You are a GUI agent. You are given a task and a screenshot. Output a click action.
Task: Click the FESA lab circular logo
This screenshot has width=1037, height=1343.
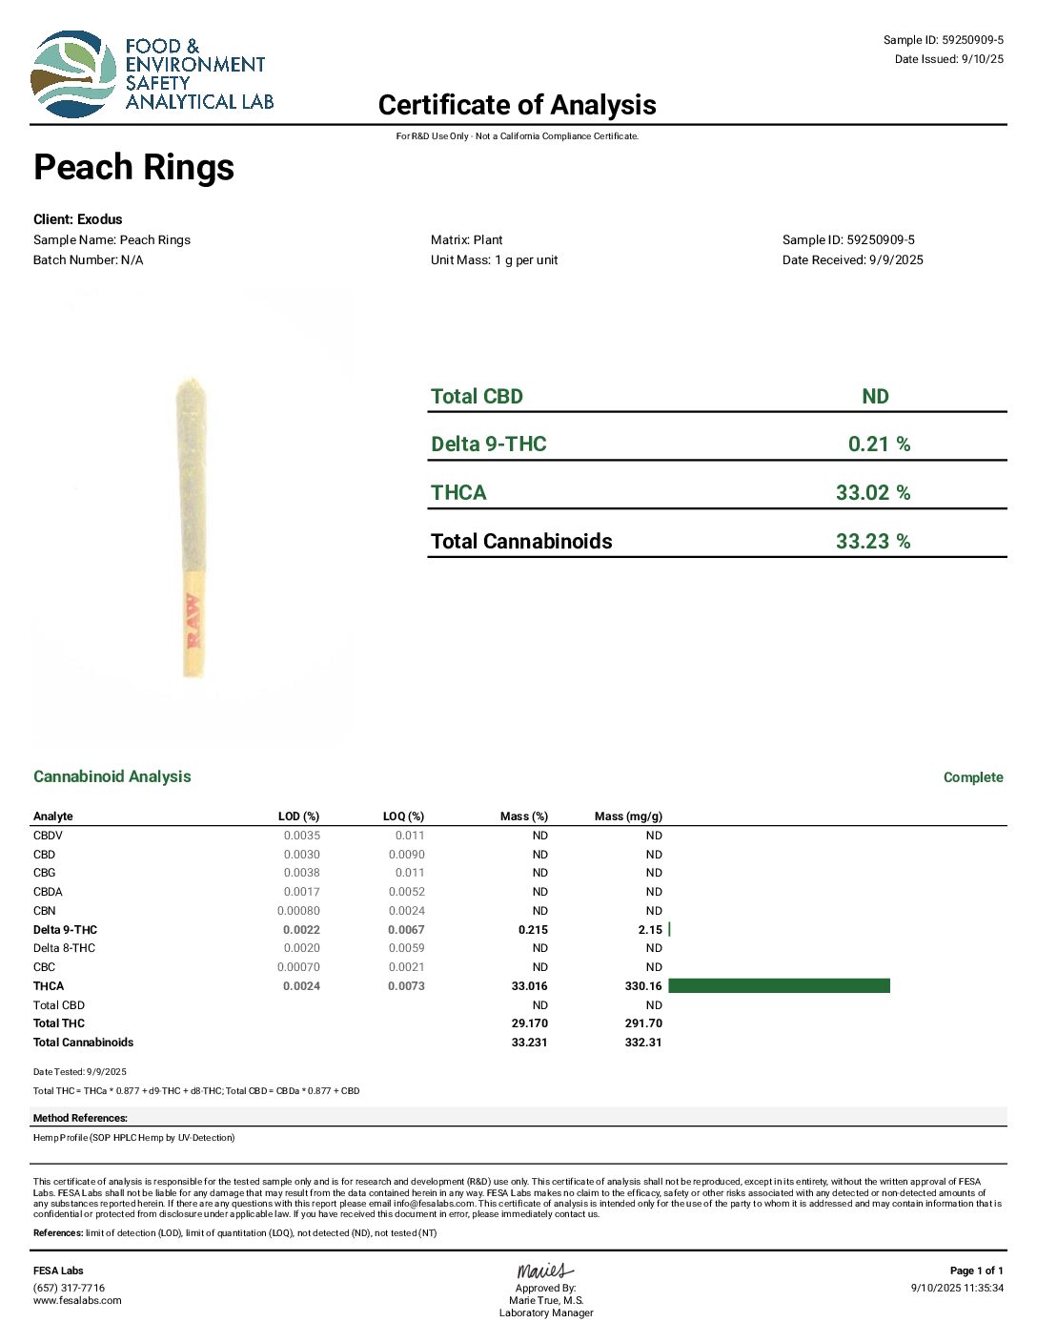point(74,74)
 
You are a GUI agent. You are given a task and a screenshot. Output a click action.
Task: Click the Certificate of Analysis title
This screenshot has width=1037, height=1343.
point(517,105)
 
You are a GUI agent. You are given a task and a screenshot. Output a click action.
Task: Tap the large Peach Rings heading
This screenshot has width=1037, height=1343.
point(134,168)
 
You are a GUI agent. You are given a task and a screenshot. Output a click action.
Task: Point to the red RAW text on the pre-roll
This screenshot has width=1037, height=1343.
point(193,620)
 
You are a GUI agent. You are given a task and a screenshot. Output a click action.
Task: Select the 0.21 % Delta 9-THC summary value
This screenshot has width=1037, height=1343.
point(879,444)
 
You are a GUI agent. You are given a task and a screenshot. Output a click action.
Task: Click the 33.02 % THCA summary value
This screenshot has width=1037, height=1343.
point(872,493)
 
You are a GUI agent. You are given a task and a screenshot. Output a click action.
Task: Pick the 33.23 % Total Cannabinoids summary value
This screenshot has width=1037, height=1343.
point(872,542)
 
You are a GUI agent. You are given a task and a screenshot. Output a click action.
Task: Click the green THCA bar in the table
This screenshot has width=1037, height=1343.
point(779,986)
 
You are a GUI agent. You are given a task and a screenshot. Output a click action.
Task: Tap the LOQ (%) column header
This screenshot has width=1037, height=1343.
point(403,816)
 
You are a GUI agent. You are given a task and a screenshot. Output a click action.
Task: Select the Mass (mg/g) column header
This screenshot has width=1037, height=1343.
point(628,816)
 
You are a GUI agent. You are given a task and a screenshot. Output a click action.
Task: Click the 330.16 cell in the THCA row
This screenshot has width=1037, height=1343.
point(643,986)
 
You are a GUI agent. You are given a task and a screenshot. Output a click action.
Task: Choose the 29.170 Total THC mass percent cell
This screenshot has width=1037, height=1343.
point(529,1023)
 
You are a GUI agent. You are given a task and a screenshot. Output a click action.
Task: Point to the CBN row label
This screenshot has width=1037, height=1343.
point(45,911)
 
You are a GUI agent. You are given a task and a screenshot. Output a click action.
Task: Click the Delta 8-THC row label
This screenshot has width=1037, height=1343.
point(64,948)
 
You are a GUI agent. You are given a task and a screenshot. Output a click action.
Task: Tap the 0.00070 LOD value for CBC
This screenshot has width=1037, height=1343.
point(298,967)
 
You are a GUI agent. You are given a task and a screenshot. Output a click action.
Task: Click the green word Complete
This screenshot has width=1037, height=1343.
point(973,777)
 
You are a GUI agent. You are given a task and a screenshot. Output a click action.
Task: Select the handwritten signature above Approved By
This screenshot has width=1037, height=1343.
point(545,1271)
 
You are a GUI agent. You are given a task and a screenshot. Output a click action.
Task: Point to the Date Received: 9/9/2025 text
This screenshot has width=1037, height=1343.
point(852,260)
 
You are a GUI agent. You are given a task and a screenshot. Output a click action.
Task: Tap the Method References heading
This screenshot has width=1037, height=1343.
point(80,1118)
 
